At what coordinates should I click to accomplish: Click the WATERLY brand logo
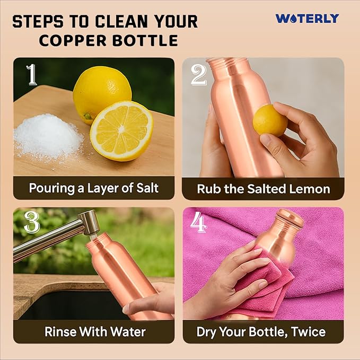click(x=307, y=19)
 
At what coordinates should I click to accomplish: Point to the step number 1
click(x=32, y=74)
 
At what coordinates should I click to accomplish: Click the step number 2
click(x=199, y=74)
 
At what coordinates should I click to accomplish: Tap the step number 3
click(x=32, y=222)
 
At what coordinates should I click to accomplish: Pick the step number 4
click(x=199, y=222)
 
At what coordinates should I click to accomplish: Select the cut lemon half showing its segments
click(x=122, y=131)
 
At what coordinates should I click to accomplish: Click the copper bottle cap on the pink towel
click(x=289, y=216)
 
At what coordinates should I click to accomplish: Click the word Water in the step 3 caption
click(x=128, y=331)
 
